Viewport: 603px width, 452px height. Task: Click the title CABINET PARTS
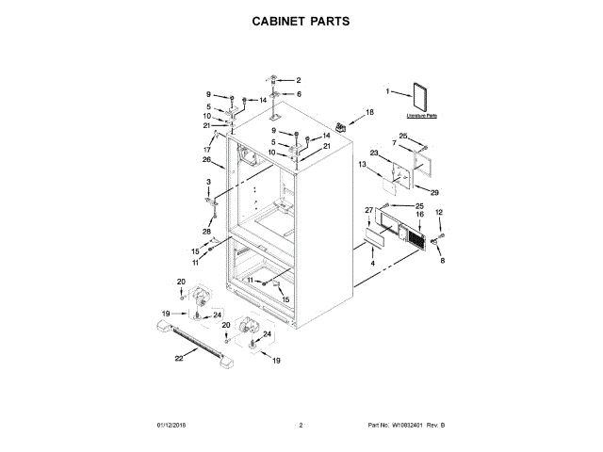tap(301, 20)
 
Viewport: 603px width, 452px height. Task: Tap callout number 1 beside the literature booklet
tap(386, 91)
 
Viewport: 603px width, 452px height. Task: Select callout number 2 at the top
tap(298, 80)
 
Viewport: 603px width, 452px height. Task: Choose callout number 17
tap(205, 150)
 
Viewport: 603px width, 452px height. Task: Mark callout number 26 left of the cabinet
tap(206, 159)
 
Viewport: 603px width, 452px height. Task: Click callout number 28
tap(206, 232)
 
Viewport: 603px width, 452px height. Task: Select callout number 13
tap(362, 165)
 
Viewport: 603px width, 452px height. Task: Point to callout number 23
tap(374, 153)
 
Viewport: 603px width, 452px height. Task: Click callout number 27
tap(368, 209)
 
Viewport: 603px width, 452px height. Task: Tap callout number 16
tap(420, 215)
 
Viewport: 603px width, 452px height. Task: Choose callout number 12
tap(438, 213)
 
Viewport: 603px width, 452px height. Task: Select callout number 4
tap(372, 265)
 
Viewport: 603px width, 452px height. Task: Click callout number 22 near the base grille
tap(178, 358)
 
